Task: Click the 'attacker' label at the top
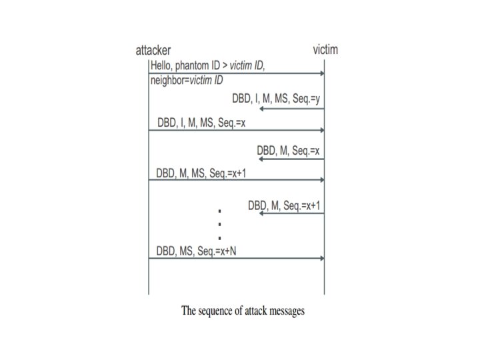(x=153, y=51)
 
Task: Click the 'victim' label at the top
(x=328, y=51)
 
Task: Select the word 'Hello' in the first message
(x=162, y=65)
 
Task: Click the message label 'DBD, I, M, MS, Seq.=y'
(x=277, y=98)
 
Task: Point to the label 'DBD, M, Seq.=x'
(x=288, y=151)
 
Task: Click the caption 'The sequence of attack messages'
(x=243, y=311)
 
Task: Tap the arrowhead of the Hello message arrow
(x=321, y=73)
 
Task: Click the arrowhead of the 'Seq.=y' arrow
(x=261, y=107)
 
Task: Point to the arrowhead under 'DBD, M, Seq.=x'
(x=261, y=159)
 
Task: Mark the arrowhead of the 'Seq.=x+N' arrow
(x=321, y=259)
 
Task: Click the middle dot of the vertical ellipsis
(x=219, y=224)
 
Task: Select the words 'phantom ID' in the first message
(x=203, y=65)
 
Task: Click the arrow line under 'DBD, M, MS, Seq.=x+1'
(x=233, y=180)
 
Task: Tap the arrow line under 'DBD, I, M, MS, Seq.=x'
(x=233, y=130)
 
